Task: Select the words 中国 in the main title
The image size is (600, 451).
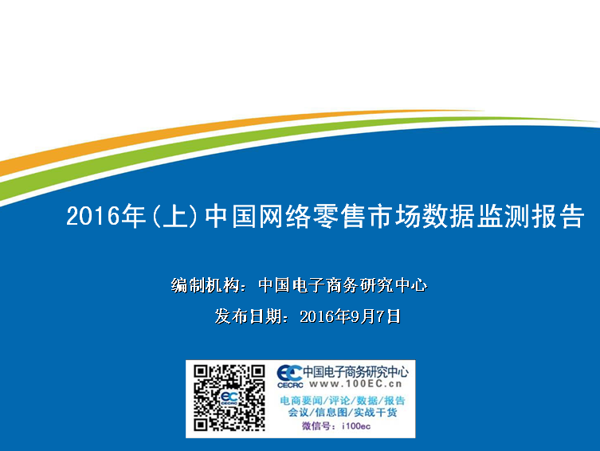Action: (230, 216)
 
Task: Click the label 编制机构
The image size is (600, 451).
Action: (206, 285)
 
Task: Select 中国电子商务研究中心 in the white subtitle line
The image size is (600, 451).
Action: (343, 285)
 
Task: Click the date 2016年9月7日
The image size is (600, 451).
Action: (350, 316)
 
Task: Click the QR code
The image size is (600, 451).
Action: (229, 398)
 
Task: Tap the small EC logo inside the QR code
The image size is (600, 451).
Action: (229, 398)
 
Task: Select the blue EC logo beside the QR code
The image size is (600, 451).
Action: (289, 373)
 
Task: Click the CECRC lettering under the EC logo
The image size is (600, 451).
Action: (290, 385)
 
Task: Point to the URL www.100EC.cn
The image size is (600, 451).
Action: (355, 384)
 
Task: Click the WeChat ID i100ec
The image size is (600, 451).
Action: (356, 426)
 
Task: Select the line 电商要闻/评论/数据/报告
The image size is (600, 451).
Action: (343, 401)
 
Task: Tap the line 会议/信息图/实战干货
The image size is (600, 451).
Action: (343, 413)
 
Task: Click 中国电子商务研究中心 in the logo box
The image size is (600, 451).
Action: (355, 372)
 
